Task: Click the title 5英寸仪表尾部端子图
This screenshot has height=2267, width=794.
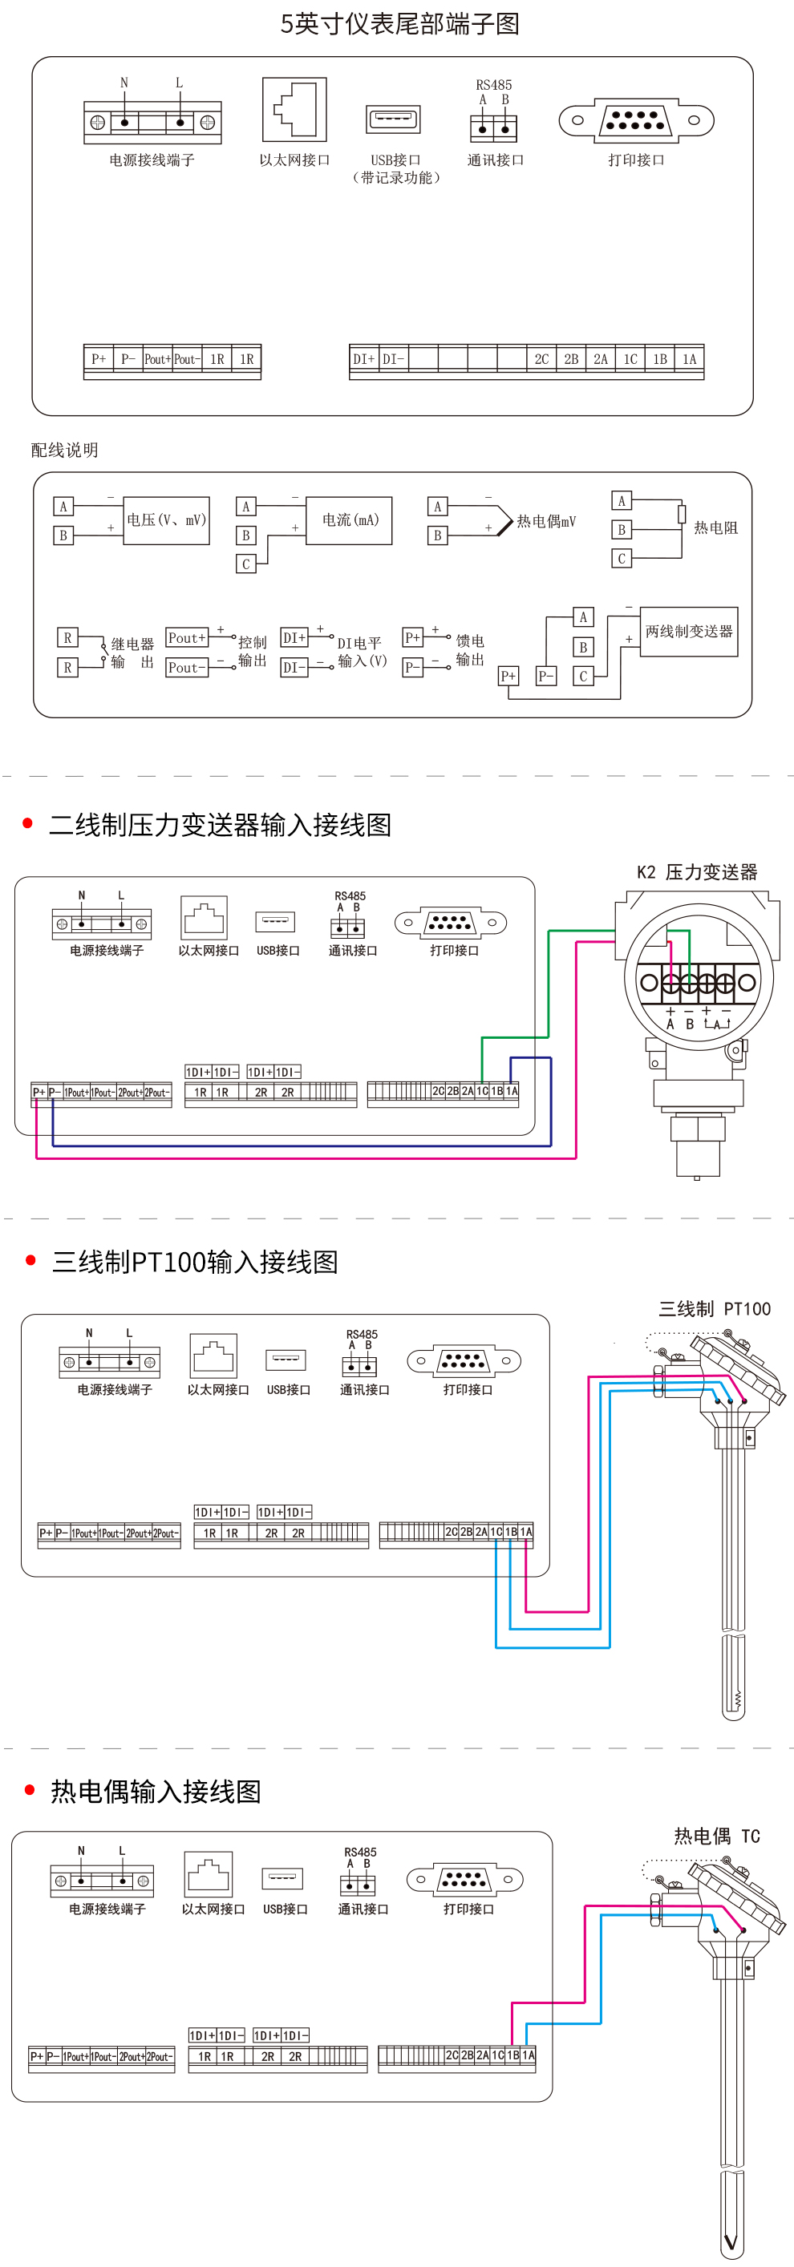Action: click(x=399, y=24)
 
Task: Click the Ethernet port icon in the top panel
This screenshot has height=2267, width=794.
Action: click(x=294, y=109)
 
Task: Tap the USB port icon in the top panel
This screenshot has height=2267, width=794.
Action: click(x=393, y=119)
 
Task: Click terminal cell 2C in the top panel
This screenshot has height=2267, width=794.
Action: click(x=541, y=359)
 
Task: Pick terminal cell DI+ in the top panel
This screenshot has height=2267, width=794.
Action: click(x=363, y=359)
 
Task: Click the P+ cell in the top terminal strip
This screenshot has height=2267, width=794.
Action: click(x=99, y=359)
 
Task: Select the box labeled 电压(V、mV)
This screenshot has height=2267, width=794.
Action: click(x=166, y=520)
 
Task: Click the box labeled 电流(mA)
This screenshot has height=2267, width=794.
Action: click(x=350, y=520)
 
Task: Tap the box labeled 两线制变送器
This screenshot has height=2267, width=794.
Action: click(x=688, y=631)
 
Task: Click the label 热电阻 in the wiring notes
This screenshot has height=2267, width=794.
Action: click(x=715, y=528)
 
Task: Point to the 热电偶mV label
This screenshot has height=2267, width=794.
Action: click(x=545, y=521)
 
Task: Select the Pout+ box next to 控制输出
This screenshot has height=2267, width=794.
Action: click(x=187, y=637)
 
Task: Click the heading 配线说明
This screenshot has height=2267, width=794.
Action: click(x=64, y=450)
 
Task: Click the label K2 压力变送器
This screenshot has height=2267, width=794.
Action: click(x=696, y=872)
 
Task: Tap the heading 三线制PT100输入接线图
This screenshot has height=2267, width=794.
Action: click(x=195, y=1261)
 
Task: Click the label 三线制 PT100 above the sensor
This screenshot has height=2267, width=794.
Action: click(x=714, y=1308)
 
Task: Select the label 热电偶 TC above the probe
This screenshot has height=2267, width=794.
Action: click(x=716, y=1836)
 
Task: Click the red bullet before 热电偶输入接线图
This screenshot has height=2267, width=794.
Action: click(x=30, y=1790)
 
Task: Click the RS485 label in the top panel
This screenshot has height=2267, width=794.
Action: click(x=493, y=84)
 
